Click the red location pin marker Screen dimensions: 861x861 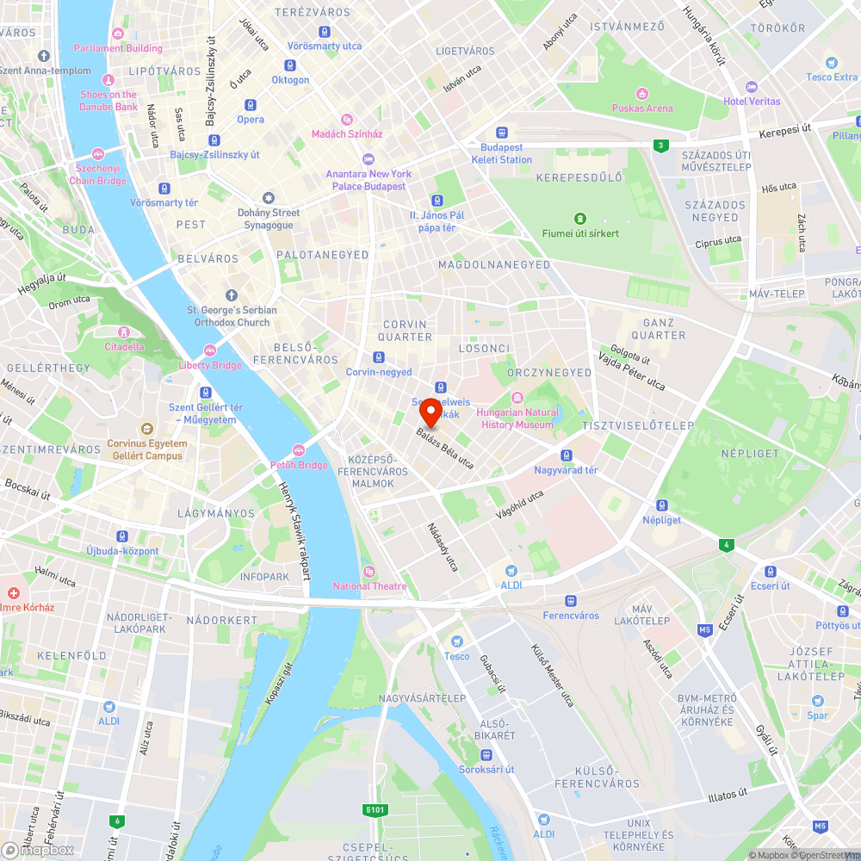click(x=432, y=413)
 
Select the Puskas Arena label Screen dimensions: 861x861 click(x=642, y=108)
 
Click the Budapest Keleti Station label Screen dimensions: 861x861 click(x=502, y=153)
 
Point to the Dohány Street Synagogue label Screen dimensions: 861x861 click(x=269, y=219)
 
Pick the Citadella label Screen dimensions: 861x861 click(x=125, y=346)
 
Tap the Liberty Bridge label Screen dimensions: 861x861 click(x=210, y=365)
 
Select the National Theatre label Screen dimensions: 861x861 click(x=370, y=586)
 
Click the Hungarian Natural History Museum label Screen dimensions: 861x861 click(x=517, y=418)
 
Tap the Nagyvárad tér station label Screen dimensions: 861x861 click(x=566, y=470)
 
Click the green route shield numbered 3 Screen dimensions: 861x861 click(x=660, y=146)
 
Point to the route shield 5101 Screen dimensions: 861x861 click(x=376, y=810)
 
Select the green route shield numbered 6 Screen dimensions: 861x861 click(x=117, y=821)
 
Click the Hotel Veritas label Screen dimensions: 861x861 click(x=752, y=101)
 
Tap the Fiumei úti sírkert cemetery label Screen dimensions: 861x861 click(x=580, y=232)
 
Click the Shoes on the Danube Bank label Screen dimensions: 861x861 click(x=108, y=101)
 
